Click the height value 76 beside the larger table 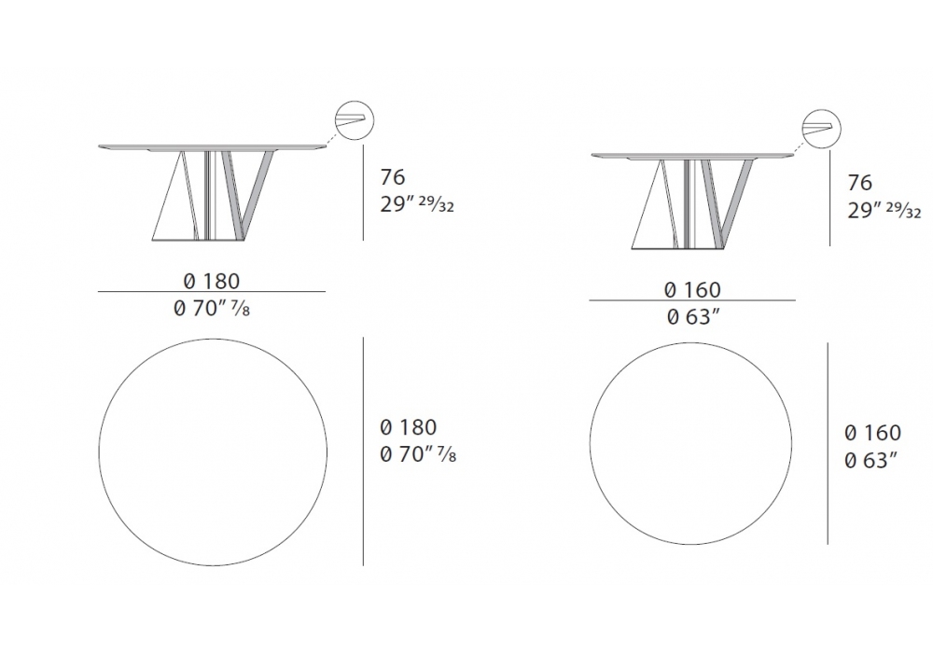tap(392, 177)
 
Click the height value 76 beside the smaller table tap(860, 183)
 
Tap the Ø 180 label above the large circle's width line tap(212, 281)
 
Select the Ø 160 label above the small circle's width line tap(692, 289)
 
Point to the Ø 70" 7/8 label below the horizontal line tap(212, 308)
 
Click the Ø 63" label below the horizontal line tap(694, 317)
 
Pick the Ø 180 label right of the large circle tap(409, 427)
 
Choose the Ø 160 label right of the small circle tap(873, 432)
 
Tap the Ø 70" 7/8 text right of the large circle tap(418, 454)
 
